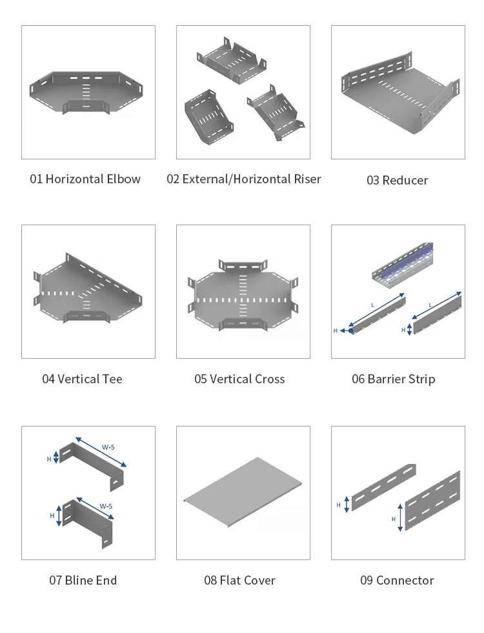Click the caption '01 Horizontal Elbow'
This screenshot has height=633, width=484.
click(x=85, y=179)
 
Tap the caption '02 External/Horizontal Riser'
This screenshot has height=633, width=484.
click(x=244, y=179)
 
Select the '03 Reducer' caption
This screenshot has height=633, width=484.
click(x=398, y=180)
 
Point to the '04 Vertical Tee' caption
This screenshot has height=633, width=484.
click(x=83, y=379)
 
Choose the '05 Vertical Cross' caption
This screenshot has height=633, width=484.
click(x=240, y=379)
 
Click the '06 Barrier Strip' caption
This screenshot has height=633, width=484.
click(x=394, y=379)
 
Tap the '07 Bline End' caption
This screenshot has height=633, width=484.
click(x=83, y=580)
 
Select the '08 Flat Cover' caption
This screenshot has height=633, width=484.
click(x=240, y=580)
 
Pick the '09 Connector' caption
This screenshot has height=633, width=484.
click(x=398, y=580)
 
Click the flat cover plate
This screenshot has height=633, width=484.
click(x=243, y=492)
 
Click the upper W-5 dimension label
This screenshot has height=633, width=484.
click(x=108, y=447)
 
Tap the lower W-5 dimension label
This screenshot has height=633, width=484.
click(x=106, y=506)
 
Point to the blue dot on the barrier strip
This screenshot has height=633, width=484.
click(x=351, y=330)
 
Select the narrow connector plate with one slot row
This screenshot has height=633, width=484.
click(x=384, y=487)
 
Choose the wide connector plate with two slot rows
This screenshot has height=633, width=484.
click(x=432, y=501)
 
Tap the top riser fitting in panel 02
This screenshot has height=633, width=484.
click(x=232, y=61)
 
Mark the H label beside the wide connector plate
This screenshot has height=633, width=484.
click(x=394, y=519)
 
